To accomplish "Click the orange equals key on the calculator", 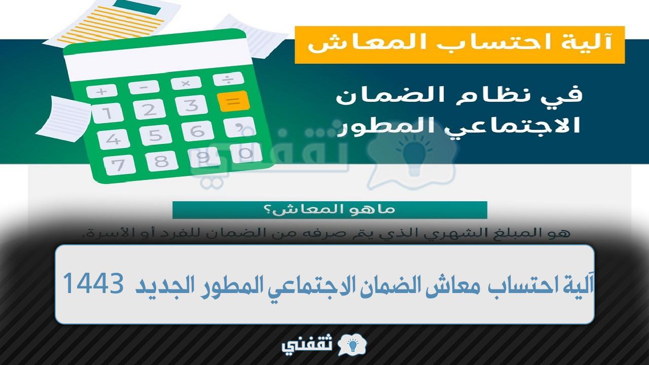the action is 234,101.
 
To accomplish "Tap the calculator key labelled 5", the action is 155,135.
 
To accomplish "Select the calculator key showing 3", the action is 191,105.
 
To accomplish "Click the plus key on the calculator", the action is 102,92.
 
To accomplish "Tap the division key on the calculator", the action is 228,79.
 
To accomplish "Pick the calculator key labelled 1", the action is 107,113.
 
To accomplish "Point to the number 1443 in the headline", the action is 93,283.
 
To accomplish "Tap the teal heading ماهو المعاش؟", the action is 330,210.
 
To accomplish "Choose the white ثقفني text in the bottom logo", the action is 307,346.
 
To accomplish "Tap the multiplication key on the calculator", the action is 186,83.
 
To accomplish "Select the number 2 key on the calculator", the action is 149,109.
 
